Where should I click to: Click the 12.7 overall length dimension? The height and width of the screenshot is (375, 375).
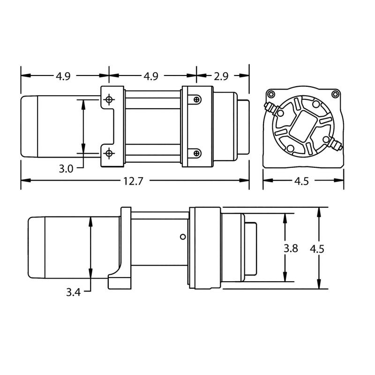coord(134,181)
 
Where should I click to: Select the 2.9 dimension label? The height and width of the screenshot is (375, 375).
coord(222,75)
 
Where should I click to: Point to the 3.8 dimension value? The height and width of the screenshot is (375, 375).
coord(291,248)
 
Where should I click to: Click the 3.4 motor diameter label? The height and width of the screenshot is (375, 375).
coord(74,292)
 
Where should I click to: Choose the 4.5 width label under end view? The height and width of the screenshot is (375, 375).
coord(303,181)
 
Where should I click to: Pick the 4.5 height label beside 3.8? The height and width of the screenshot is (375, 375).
coord(318,248)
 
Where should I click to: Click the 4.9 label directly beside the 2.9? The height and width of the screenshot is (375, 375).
coord(151,75)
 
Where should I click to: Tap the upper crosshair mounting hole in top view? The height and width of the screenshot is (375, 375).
coord(109,99)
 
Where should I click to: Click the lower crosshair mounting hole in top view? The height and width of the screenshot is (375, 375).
coord(109,153)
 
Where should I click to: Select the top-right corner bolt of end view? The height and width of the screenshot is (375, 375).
coord(335,94)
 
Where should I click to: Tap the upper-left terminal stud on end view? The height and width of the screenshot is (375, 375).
coord(270,106)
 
